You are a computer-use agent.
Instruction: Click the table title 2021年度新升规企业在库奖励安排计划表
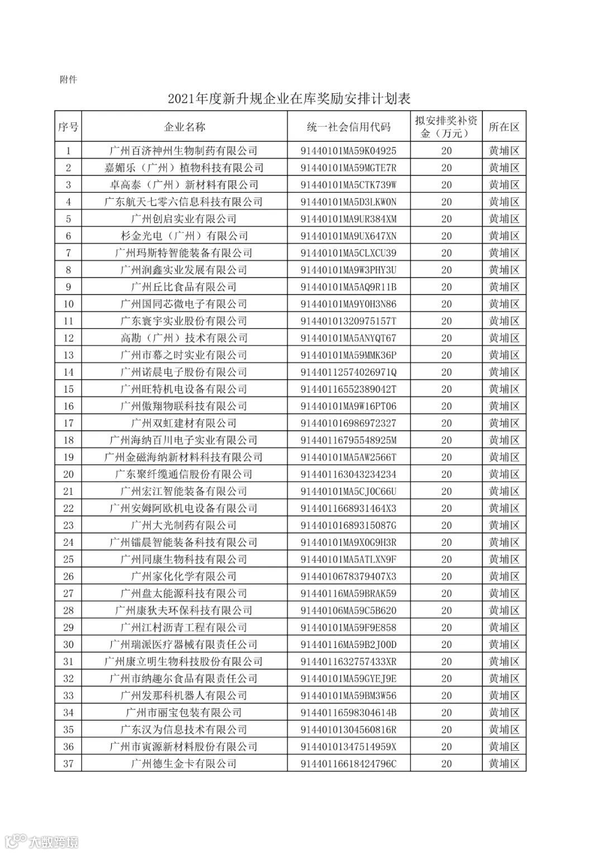tap(289, 99)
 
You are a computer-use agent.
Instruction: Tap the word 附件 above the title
tap(68, 79)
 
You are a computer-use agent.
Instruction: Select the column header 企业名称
tap(184, 127)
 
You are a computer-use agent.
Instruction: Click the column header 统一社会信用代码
tap(348, 127)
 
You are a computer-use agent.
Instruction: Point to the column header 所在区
tap(504, 127)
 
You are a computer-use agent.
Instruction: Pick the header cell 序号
tap(68, 127)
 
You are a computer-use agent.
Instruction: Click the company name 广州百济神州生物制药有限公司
tap(184, 151)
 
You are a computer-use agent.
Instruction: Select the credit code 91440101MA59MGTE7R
tap(348, 168)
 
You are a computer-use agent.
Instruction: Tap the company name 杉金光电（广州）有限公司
tap(184, 236)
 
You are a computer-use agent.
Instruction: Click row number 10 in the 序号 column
tap(68, 304)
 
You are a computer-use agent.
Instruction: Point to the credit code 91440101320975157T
tap(348, 321)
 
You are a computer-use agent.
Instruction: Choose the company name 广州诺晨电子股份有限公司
tap(184, 372)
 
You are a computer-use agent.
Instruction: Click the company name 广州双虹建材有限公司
tap(184, 423)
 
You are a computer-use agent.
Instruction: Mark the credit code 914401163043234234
tap(348, 474)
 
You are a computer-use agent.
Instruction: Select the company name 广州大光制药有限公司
tap(184, 525)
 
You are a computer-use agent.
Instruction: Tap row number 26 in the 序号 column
tap(68, 576)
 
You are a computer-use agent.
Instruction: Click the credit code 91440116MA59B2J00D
tap(348, 645)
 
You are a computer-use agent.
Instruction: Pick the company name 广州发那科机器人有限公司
tap(184, 695)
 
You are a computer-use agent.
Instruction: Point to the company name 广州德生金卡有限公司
tap(184, 764)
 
